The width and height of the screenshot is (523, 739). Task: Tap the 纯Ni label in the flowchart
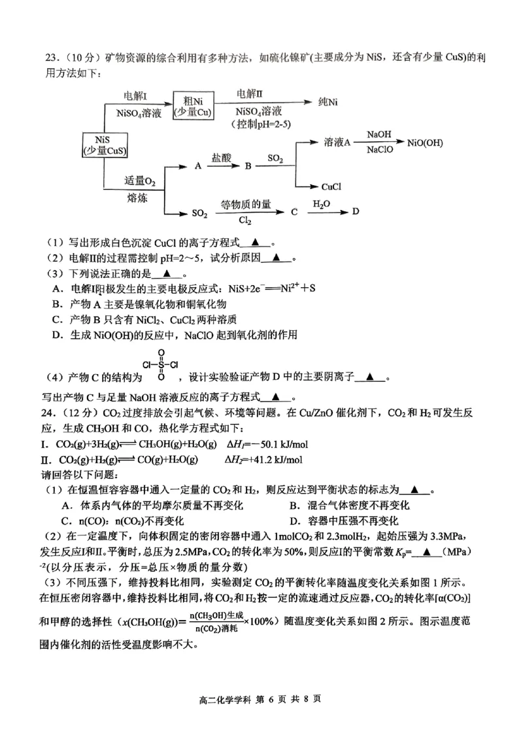tap(328, 102)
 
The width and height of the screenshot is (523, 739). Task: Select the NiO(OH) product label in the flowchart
tap(425, 142)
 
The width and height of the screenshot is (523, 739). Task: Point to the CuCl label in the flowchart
tap(332, 187)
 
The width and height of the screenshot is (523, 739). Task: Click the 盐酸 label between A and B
tap(221, 158)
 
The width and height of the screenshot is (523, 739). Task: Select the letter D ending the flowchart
tap(356, 211)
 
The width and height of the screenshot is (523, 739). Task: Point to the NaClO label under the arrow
tap(380, 150)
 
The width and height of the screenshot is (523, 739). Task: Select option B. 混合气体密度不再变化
tap(349, 506)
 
